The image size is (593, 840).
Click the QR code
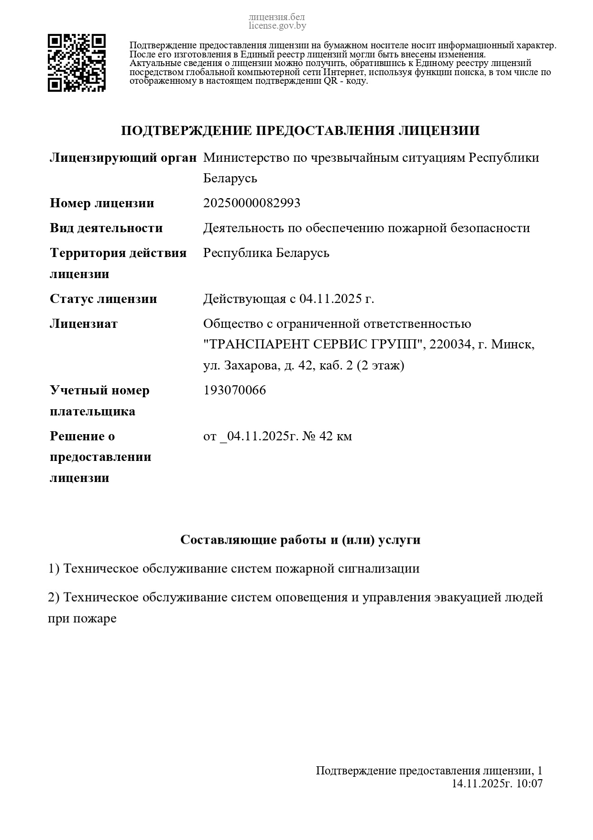tap(77, 63)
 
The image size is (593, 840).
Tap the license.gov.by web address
tap(277, 26)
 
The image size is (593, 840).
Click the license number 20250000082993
tap(252, 203)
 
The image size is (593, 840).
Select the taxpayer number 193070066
tap(234, 390)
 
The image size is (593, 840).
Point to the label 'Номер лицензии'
tap(102, 203)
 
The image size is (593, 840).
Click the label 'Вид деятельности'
tap(106, 228)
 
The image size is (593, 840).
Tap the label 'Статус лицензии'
tap(103, 299)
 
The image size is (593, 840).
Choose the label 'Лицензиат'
tap(83, 324)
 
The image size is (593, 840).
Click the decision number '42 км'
tap(335, 436)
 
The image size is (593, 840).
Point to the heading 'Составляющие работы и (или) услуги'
tap(300, 539)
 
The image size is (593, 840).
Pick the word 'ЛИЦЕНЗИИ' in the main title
tap(439, 131)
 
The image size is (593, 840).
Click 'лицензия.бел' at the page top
tap(277, 18)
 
